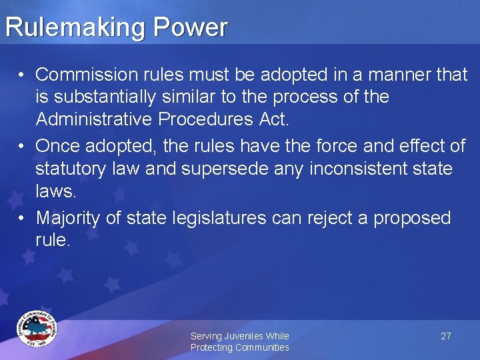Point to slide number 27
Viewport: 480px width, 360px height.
[446, 336]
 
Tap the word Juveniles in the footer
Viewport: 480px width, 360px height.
[244, 336]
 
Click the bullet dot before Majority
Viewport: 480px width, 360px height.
[22, 218]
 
